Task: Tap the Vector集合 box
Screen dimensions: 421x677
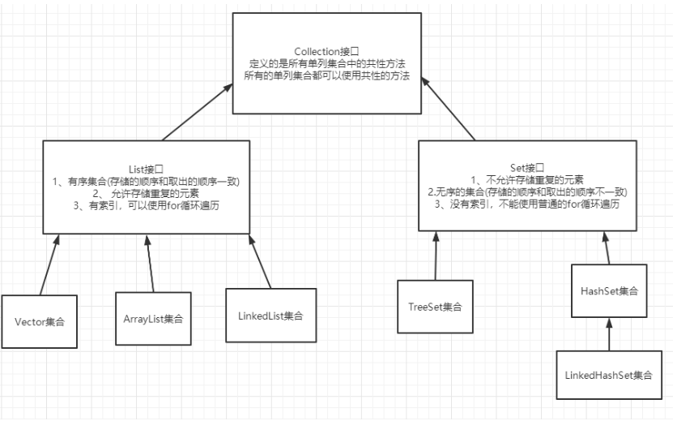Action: tap(39, 321)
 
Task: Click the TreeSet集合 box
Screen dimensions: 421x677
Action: tap(435, 307)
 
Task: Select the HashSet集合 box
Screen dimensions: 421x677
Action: tap(608, 290)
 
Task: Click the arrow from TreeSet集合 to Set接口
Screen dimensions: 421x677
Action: tap(436, 256)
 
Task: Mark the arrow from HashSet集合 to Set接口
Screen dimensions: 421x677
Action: tap(606, 247)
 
